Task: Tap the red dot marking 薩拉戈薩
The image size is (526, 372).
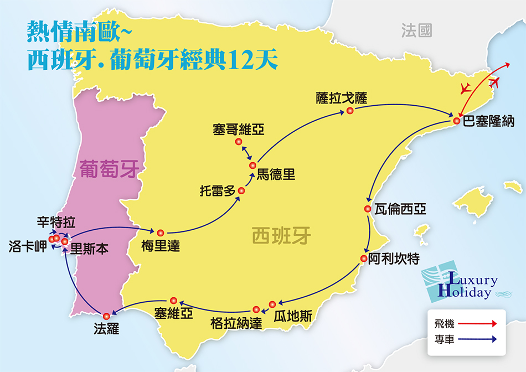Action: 350,111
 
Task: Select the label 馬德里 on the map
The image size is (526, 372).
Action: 275,175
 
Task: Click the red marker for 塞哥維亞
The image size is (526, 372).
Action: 239,142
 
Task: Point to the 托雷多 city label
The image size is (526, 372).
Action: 218,192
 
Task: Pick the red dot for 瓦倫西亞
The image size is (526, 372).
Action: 367,209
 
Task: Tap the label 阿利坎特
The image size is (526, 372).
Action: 394,259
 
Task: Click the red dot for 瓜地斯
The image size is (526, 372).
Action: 272,304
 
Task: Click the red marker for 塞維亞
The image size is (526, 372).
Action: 173,300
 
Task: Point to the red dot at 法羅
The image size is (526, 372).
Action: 106,316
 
